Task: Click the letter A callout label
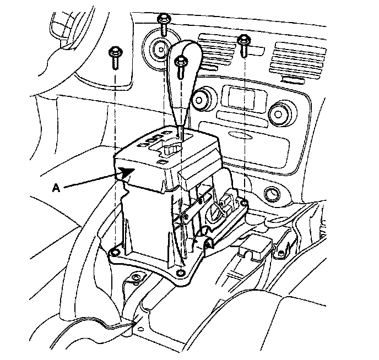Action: pos(55,188)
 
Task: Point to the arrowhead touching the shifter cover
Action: pos(130,172)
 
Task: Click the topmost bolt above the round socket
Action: pos(164,22)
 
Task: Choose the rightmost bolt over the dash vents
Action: pos(244,45)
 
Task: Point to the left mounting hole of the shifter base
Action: pos(114,252)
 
